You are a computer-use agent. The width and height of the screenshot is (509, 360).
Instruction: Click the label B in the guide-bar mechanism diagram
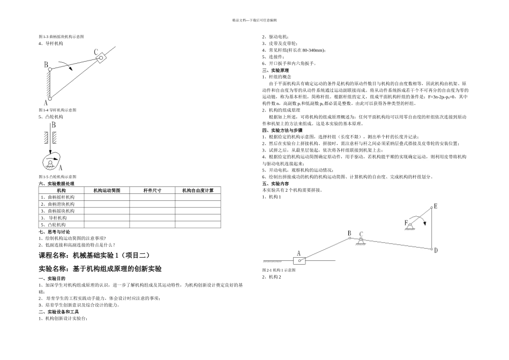46,65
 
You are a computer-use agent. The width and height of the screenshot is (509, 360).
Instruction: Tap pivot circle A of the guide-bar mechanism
50,99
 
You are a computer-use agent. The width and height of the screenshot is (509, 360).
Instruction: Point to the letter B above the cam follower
54,125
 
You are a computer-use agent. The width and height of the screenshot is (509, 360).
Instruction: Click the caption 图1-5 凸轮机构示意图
58,176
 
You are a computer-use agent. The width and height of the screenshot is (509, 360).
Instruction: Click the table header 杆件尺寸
152,191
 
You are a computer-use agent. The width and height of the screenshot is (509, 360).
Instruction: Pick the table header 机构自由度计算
198,191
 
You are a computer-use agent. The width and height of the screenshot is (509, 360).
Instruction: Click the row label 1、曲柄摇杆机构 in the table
58,197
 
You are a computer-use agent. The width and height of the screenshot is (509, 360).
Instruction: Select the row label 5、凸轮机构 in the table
54,225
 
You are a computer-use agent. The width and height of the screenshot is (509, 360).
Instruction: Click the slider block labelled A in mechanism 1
300,261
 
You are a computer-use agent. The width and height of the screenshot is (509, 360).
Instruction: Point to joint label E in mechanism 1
435,206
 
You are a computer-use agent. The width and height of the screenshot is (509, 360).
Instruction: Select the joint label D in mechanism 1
436,250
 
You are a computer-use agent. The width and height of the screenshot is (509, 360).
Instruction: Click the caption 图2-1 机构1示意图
279,270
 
